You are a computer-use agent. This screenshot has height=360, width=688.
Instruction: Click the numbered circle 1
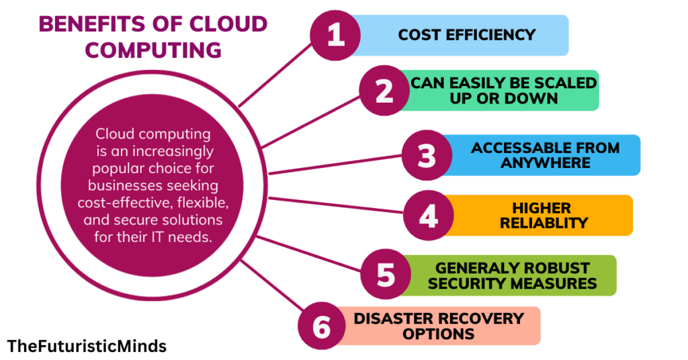pos(335,36)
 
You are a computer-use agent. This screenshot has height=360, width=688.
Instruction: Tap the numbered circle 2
pos(384,91)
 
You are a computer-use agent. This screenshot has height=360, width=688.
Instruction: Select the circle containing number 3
pos(427,155)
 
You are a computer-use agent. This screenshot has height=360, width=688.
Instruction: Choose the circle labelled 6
pos(323,326)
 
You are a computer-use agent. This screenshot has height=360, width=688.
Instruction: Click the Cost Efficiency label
pos(466,35)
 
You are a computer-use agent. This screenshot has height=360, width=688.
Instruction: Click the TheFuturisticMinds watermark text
pos(87,346)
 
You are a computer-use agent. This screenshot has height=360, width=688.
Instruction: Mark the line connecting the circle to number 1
pos(276,73)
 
